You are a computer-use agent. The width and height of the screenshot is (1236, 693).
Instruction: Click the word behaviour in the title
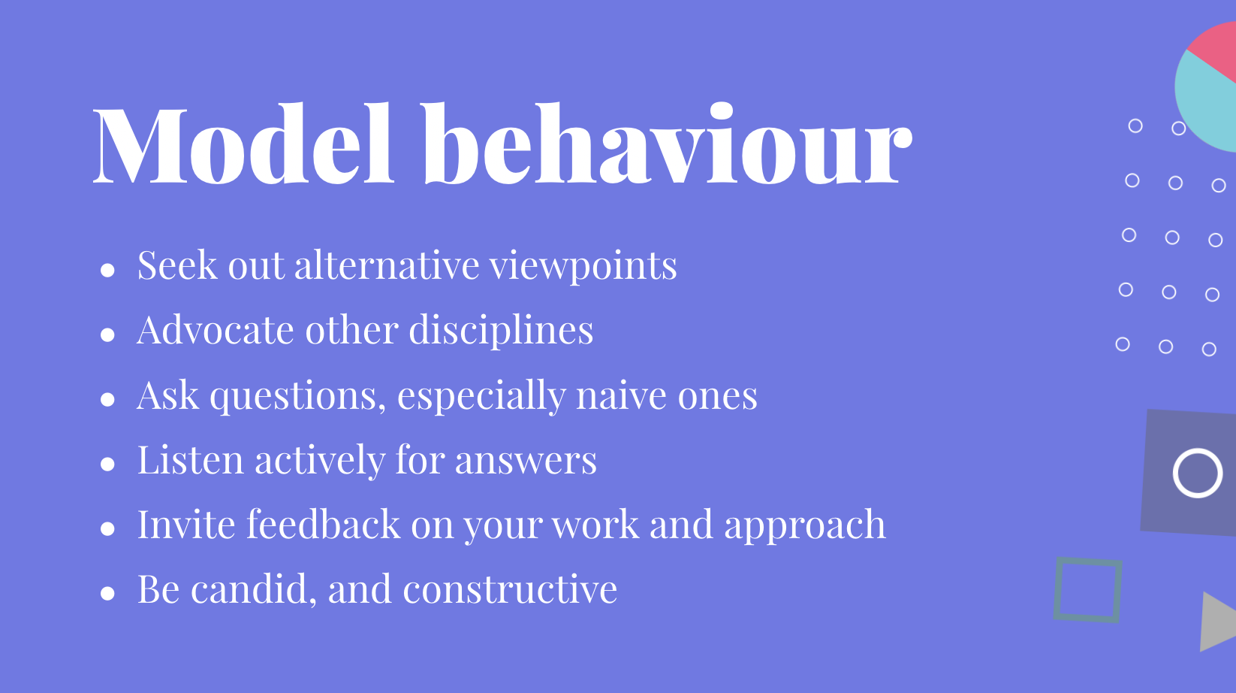[668, 143]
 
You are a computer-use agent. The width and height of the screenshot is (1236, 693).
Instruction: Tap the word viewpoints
[583, 266]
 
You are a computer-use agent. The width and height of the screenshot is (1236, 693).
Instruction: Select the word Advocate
[216, 330]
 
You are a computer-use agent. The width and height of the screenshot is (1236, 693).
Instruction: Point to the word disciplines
[501, 330]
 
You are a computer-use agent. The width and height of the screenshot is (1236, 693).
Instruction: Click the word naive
[621, 395]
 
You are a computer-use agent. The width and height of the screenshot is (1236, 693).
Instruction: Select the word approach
[805, 526]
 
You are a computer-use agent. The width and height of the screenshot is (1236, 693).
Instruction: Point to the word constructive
[510, 589]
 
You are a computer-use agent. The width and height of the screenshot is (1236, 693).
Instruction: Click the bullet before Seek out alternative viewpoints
[107, 270]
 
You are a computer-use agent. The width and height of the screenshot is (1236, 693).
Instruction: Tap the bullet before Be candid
[107, 594]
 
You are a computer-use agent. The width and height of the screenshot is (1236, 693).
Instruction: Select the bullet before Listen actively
[107, 464]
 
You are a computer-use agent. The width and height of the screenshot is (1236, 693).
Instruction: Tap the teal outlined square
[1057, 589]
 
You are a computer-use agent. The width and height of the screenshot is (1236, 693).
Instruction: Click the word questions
[298, 396]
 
